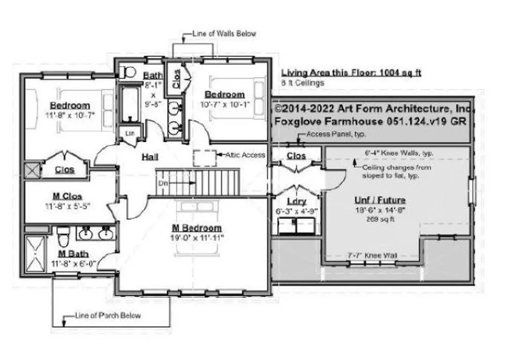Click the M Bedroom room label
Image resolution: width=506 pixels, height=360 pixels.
pos(197,228)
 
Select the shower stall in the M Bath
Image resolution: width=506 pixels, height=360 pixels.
pos(36,252)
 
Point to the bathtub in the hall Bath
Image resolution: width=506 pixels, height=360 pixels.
pos(130,104)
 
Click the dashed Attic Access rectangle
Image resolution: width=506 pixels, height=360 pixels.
pos(204,157)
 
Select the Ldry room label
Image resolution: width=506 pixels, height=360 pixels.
pos(296,201)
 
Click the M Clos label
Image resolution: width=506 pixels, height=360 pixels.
pos(67,196)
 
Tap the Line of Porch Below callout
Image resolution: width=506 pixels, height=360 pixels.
pos(108,315)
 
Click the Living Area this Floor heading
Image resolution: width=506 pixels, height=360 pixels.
pos(351,73)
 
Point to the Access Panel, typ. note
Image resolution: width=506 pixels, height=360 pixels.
pos(336,134)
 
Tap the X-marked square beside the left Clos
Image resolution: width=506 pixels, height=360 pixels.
pos(31,169)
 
